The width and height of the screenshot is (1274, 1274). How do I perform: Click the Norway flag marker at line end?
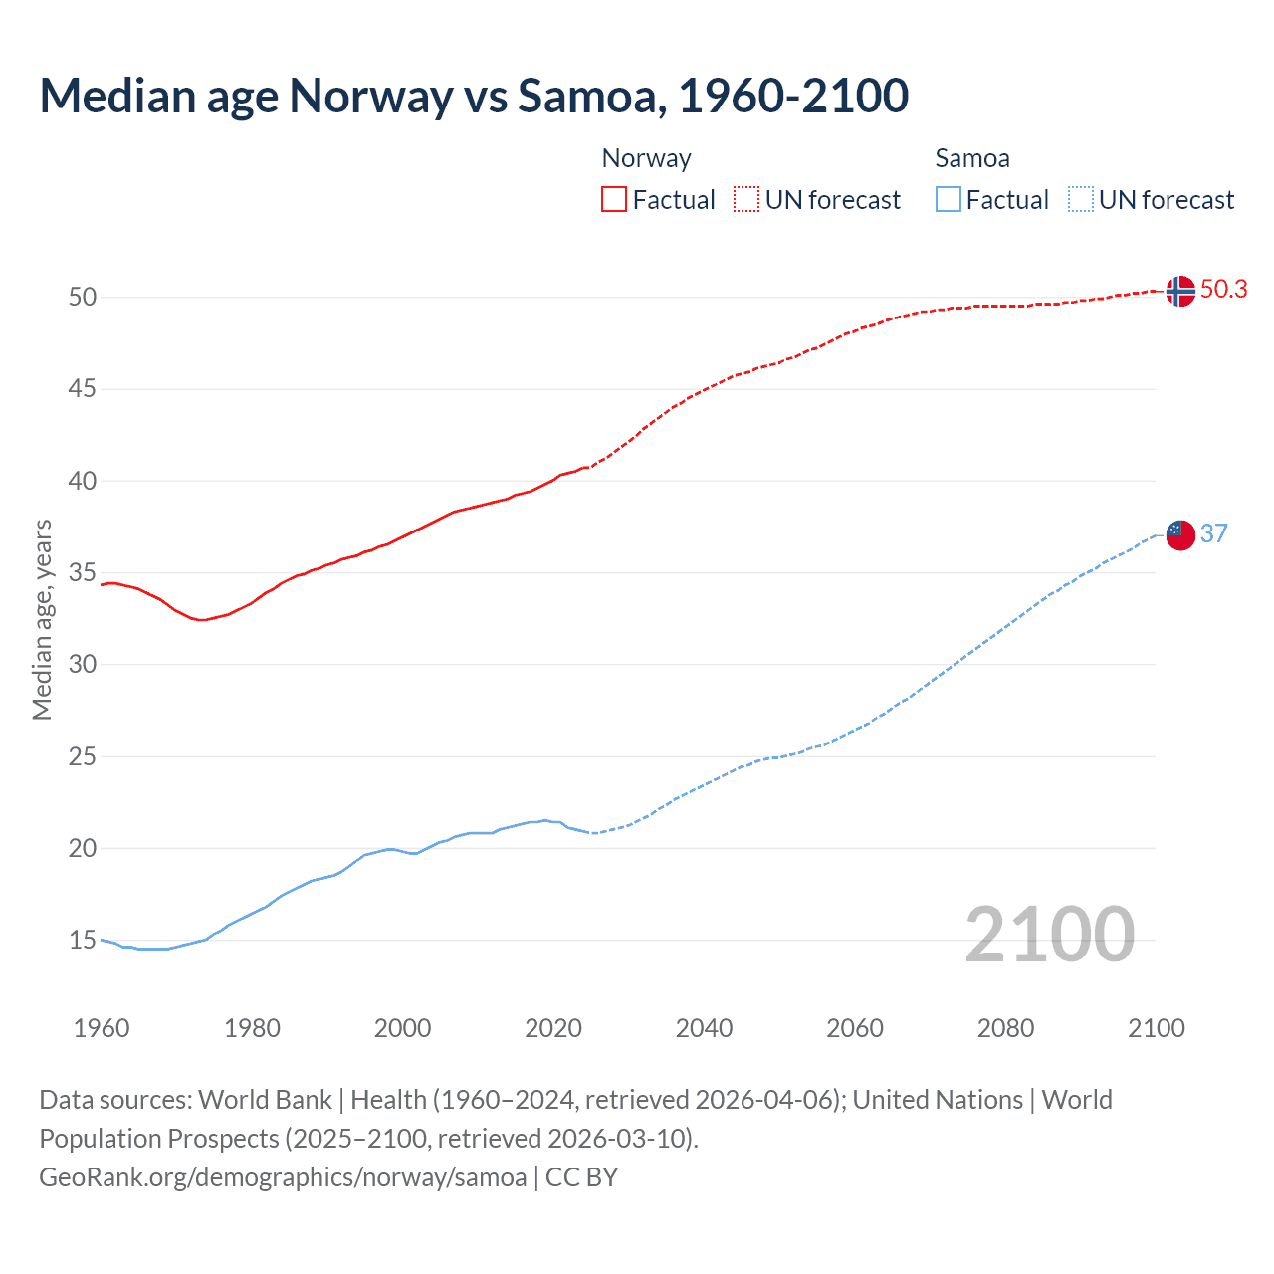(x=1179, y=291)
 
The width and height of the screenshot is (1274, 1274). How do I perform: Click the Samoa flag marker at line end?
(x=1179, y=534)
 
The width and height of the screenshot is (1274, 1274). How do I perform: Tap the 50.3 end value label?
(x=1223, y=289)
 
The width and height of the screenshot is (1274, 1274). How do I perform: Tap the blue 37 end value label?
(x=1213, y=533)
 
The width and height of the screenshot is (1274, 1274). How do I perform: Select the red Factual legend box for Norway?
(x=614, y=199)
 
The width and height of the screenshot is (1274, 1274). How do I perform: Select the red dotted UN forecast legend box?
(x=746, y=199)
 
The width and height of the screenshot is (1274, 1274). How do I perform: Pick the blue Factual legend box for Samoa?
(x=948, y=199)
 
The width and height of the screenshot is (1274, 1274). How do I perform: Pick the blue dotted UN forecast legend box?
(x=1080, y=199)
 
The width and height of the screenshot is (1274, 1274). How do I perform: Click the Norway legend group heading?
(x=646, y=158)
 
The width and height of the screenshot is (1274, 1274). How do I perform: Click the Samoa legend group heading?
(x=971, y=158)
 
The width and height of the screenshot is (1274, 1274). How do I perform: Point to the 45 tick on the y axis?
(x=83, y=388)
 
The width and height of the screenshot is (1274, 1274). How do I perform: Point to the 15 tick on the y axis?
(x=83, y=940)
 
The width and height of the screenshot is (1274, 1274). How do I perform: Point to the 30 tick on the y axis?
(x=83, y=664)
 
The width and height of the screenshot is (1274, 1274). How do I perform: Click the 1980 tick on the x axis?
(x=252, y=1028)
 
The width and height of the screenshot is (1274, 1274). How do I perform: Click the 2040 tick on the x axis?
(x=704, y=1028)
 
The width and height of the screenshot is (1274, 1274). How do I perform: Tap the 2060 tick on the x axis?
(x=855, y=1028)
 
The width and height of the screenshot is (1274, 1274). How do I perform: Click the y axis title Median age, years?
(x=42, y=619)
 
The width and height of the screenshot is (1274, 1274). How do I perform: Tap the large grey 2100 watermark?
(x=1049, y=934)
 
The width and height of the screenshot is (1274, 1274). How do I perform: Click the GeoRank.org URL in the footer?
(x=283, y=1177)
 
